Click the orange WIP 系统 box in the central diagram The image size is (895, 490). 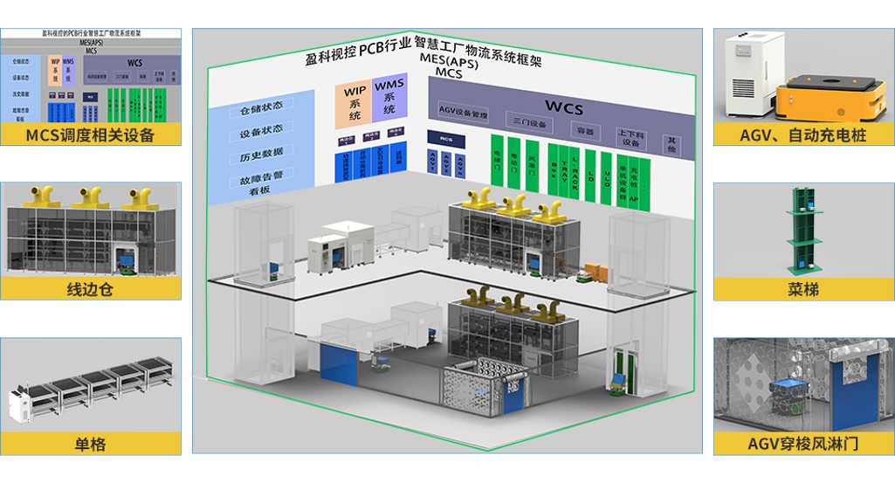pos(354,104)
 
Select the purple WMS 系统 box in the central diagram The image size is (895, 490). pos(389,100)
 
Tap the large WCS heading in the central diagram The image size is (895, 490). pos(563,107)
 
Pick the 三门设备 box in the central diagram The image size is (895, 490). pos(530,124)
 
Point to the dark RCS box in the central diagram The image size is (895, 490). pos(446,138)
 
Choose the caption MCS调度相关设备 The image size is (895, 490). pos(90,135)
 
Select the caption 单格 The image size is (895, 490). pos(90,444)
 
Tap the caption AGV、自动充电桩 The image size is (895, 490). pos(803,135)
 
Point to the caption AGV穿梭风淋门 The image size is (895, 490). pos(803,444)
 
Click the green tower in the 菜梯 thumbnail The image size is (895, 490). pos(803,231)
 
